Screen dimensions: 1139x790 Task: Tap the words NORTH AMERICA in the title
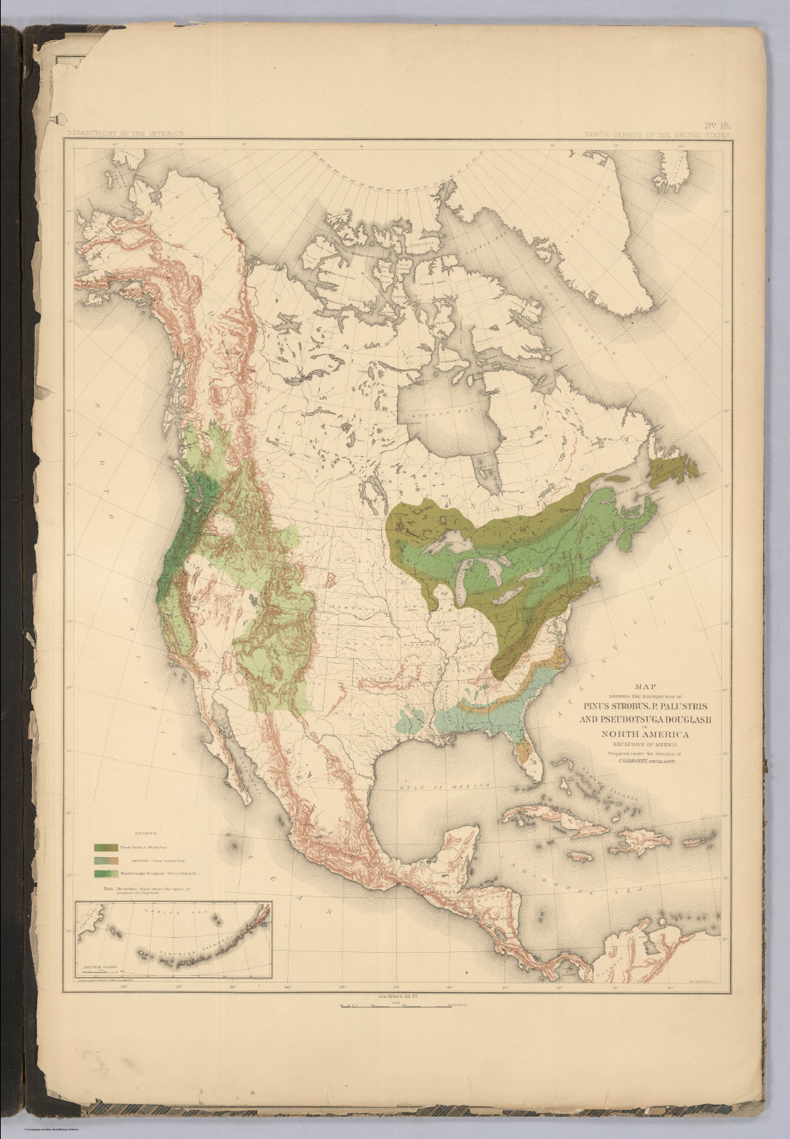coord(642,734)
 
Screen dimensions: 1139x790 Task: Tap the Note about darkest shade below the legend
coord(148,889)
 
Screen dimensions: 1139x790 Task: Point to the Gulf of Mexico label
coord(445,785)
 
